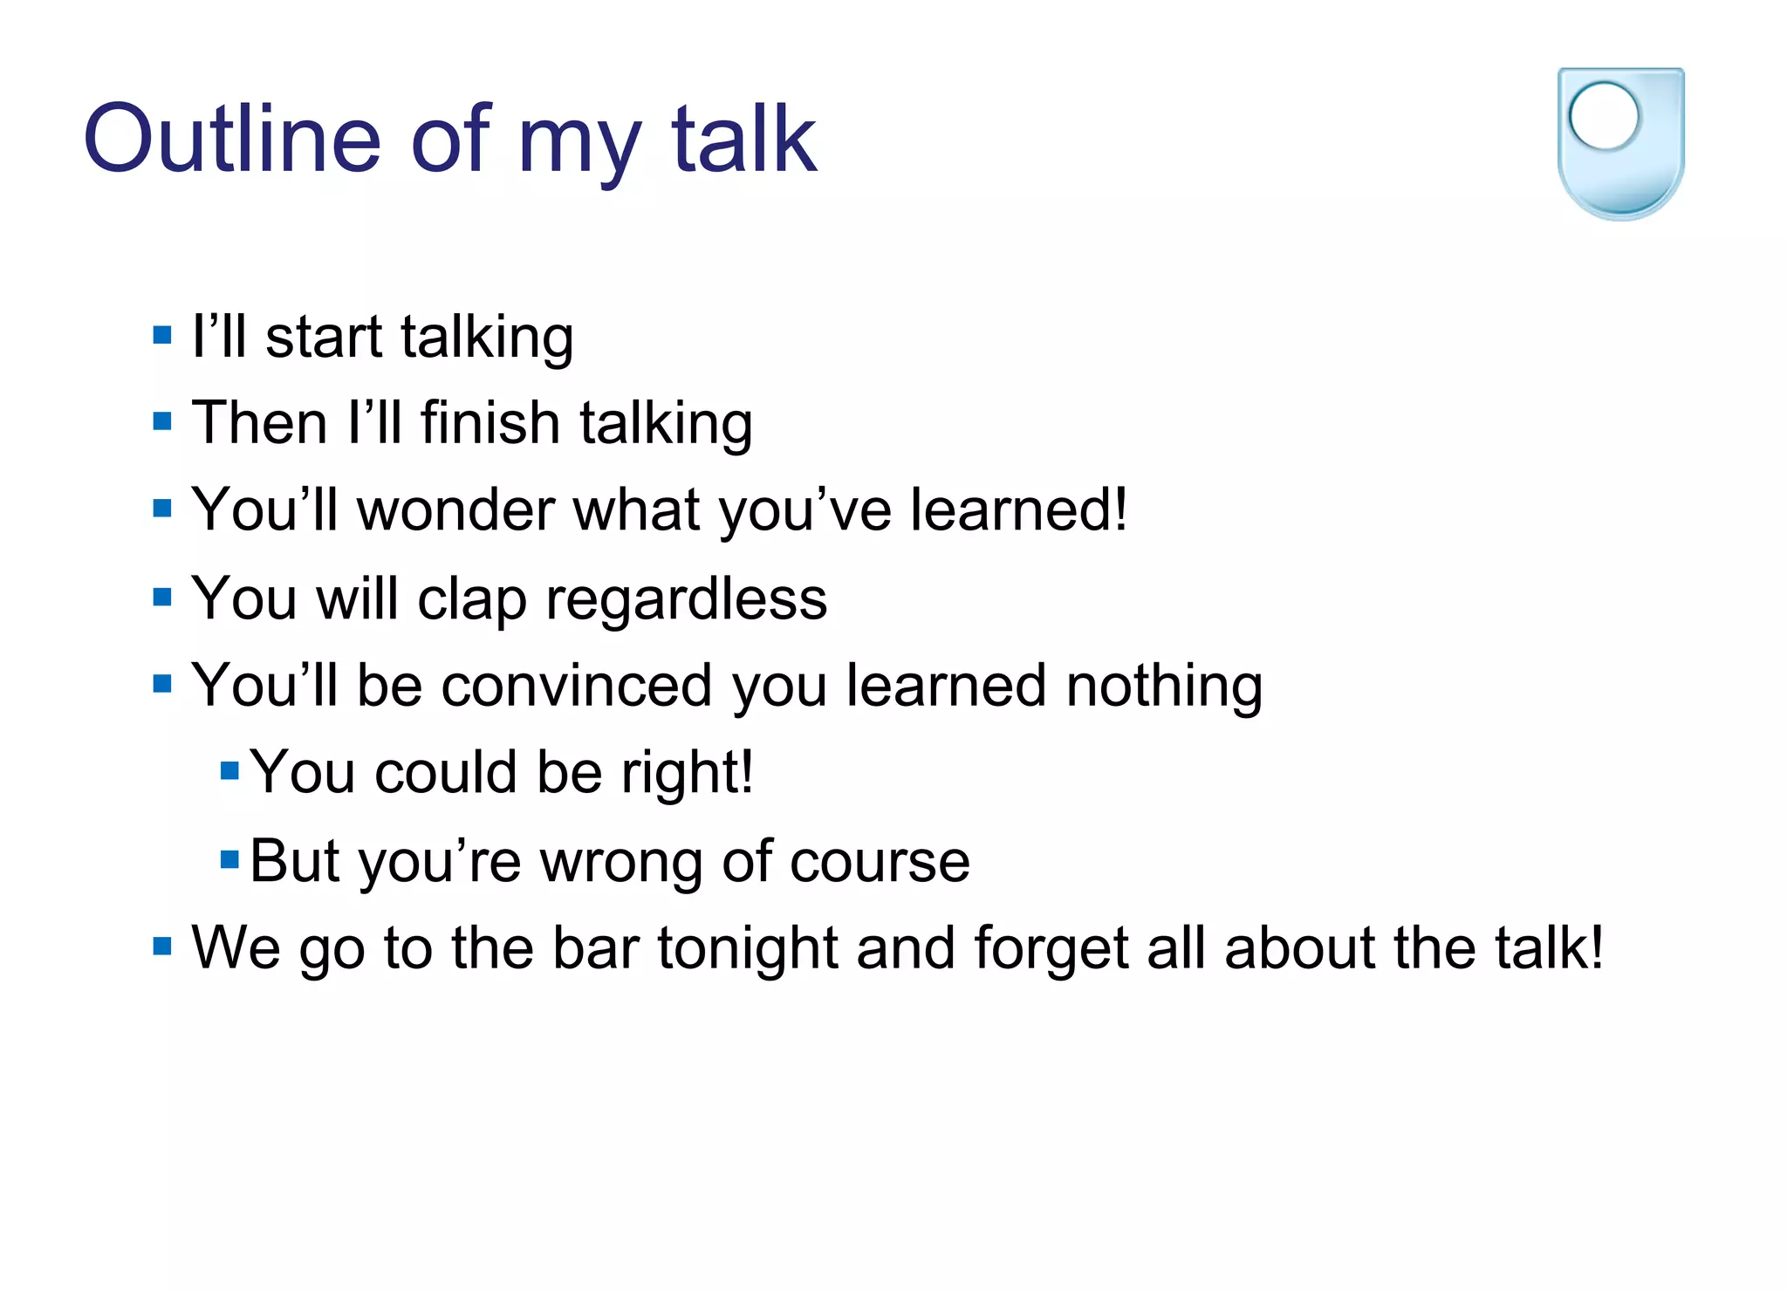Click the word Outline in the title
pyautogui.click(x=232, y=140)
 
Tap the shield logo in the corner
pyautogui.click(x=1620, y=144)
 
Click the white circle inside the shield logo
pyautogui.click(x=1604, y=116)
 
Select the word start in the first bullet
pyautogui.click(x=324, y=338)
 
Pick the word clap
pyautogui.click(x=471, y=601)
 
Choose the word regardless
pyautogui.click(x=686, y=601)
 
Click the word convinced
pyautogui.click(x=577, y=686)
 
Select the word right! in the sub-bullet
pyautogui.click(x=687, y=773)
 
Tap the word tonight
pyautogui.click(x=747, y=949)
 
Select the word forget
pyautogui.click(x=1051, y=949)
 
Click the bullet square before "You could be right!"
pyautogui.click(x=229, y=770)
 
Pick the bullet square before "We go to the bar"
pyautogui.click(x=161, y=946)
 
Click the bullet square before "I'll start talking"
pyautogui.click(x=161, y=335)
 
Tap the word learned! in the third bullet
pyautogui.click(x=1018, y=510)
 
